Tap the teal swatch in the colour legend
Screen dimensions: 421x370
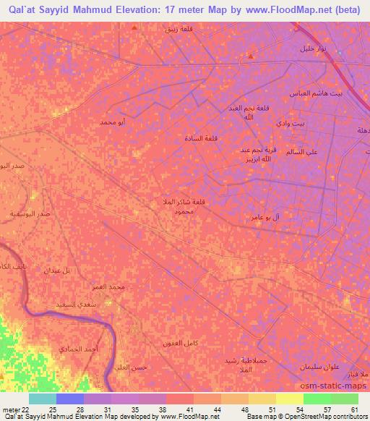43,399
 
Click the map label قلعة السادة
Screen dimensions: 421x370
201,138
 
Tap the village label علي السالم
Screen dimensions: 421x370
303,153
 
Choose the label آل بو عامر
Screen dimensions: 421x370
265,217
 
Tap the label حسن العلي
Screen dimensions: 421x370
132,367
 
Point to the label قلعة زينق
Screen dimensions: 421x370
178,29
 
